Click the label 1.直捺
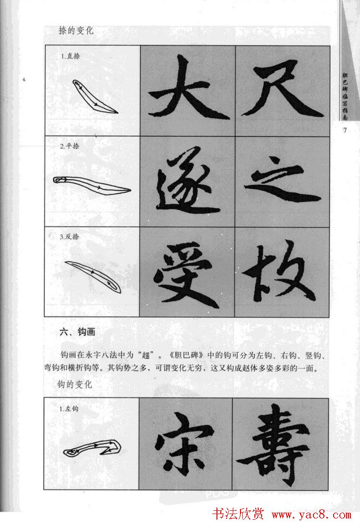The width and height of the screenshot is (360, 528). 70,56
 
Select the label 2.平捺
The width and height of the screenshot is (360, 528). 70,147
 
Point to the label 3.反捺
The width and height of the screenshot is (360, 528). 70,237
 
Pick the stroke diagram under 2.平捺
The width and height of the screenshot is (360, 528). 91,185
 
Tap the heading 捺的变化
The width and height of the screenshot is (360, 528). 75,31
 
